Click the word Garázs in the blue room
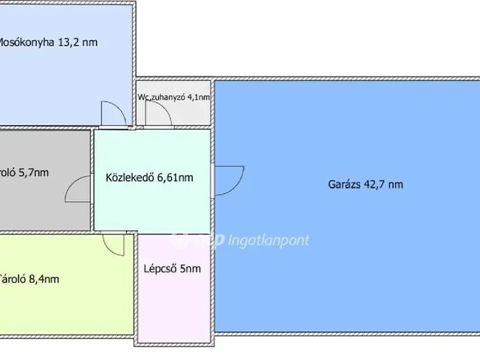pyautogui.click(x=345, y=184)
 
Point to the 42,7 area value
pyautogui.click(x=376, y=184)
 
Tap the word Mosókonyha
pyautogui.click(x=26, y=43)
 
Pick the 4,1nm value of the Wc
pyautogui.click(x=200, y=97)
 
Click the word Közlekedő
pyautogui.click(x=130, y=178)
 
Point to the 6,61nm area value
pyautogui.click(x=175, y=178)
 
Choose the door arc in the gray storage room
pyautogui.click(x=78, y=190)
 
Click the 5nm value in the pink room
pyautogui.click(x=191, y=268)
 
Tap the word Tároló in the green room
pyautogui.click(x=13, y=279)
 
